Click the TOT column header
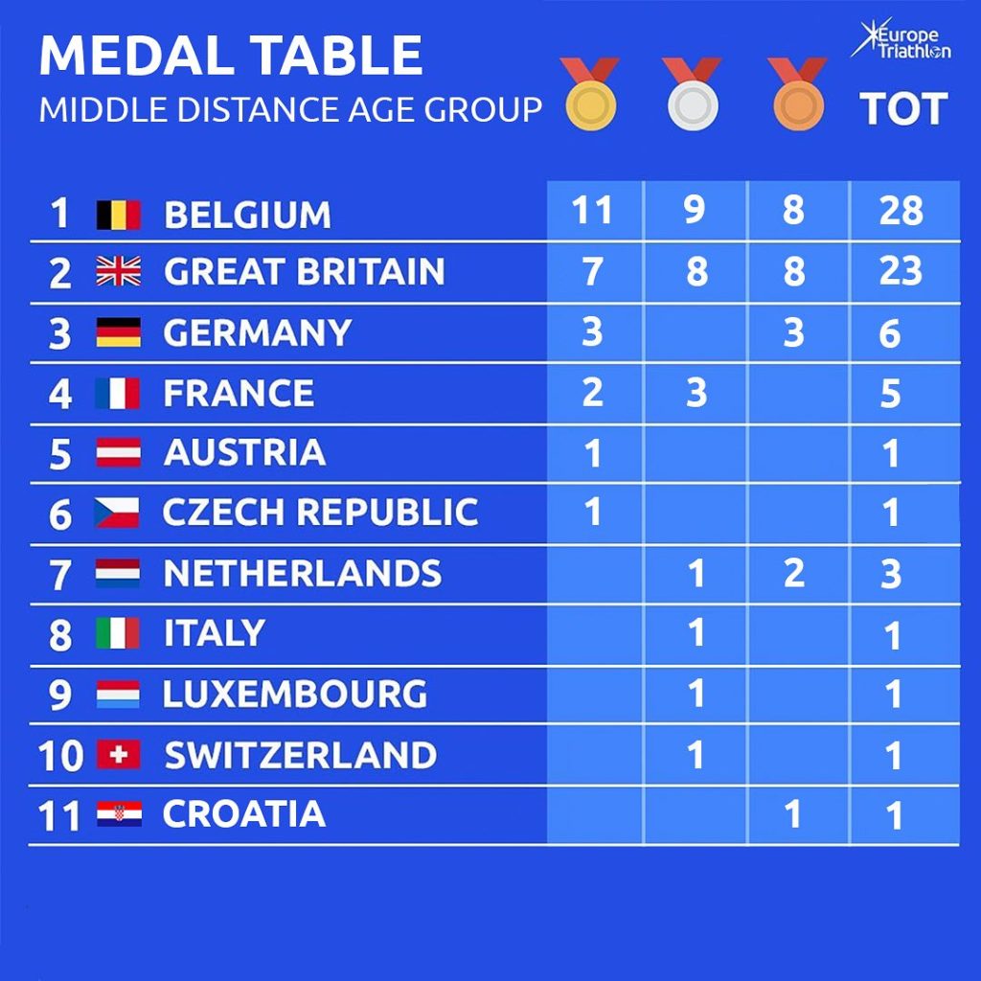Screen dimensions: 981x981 [903, 109]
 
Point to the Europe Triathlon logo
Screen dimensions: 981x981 [901, 40]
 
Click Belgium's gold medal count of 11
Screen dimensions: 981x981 [591, 211]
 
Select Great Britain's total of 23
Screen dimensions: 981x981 [901, 272]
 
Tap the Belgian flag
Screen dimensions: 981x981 [119, 215]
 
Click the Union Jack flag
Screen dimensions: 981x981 [119, 273]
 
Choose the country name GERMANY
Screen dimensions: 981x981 [258, 333]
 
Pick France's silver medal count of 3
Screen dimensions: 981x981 [696, 393]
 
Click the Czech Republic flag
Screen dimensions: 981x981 [118, 513]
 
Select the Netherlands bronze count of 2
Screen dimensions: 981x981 [792, 573]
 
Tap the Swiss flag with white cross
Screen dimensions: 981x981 [119, 756]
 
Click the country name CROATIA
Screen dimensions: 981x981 [244, 814]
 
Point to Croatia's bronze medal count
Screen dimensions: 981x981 [792, 814]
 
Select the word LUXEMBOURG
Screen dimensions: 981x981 [295, 695]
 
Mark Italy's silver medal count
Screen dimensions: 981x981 [696, 633]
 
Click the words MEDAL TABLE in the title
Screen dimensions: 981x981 [231, 57]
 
